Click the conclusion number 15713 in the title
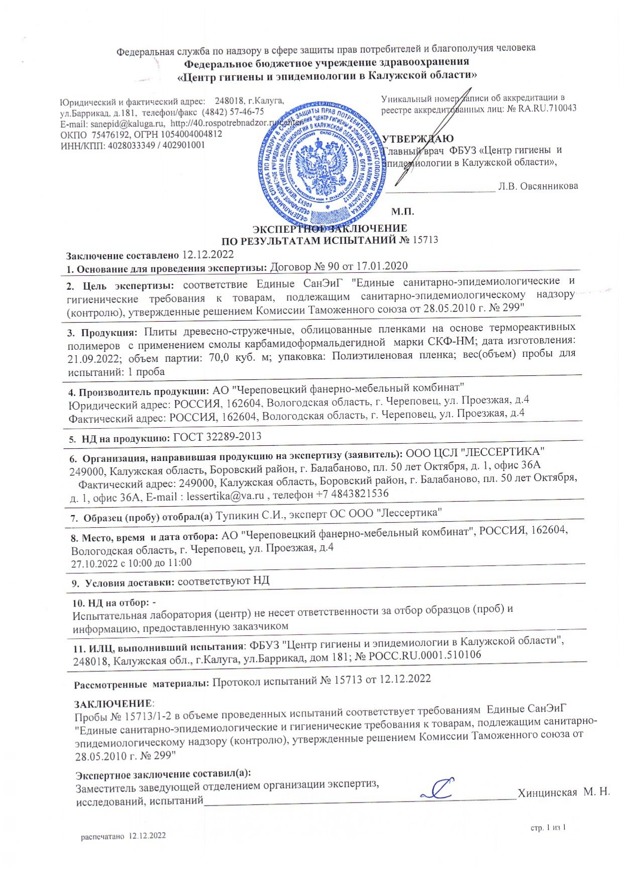425,240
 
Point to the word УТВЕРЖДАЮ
418,139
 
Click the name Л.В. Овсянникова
538,186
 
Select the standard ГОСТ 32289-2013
217,436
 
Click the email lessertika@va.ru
225,495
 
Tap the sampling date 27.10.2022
93,563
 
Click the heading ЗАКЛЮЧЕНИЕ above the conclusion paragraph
113,704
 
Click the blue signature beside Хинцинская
437,789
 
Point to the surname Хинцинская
547,793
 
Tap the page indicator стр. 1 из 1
549,827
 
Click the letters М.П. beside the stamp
402,212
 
